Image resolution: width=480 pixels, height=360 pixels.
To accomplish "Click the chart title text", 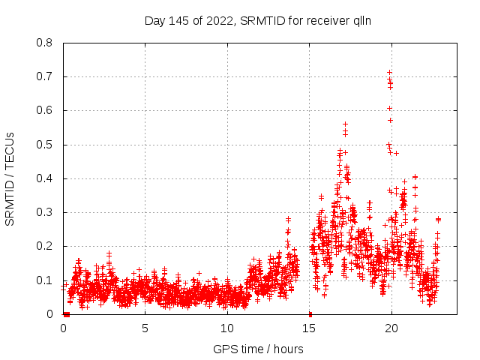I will [x=258, y=21].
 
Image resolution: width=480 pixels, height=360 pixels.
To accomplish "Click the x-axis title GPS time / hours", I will [x=258, y=349].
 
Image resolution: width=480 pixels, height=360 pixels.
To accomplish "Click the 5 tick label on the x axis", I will [x=145, y=328].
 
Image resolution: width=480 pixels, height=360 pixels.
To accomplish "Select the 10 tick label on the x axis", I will [x=227, y=328].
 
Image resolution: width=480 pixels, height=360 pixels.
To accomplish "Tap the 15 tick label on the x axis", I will [x=309, y=328].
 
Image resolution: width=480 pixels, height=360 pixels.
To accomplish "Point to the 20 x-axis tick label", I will [x=391, y=328].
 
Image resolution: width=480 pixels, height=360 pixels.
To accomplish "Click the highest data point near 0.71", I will [x=389, y=73].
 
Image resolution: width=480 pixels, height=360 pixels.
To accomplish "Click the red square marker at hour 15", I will [x=310, y=313].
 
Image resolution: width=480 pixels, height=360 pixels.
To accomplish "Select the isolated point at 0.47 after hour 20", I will [x=396, y=153].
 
